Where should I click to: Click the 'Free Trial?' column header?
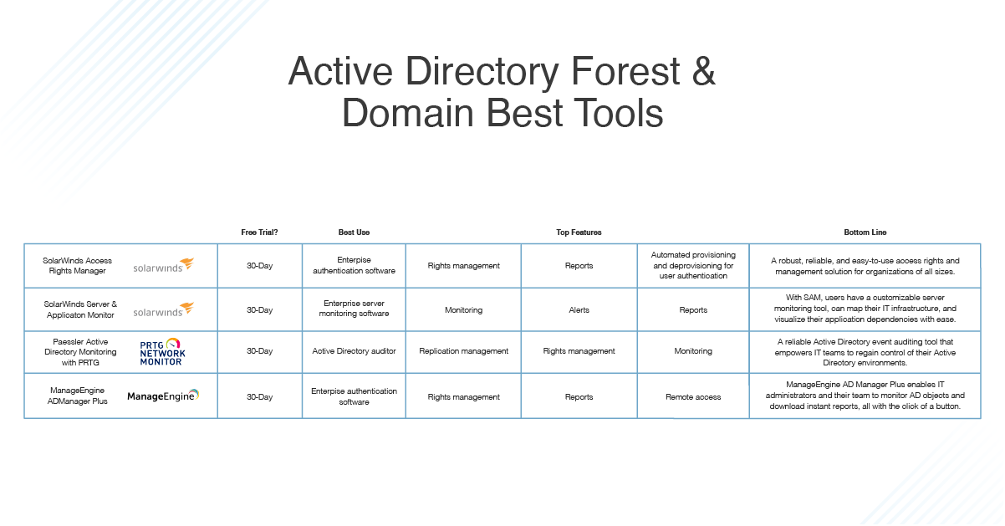(x=259, y=232)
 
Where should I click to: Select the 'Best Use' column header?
(x=354, y=232)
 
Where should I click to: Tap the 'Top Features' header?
(x=579, y=232)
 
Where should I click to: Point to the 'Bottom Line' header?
(x=865, y=232)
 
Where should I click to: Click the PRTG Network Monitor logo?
(x=162, y=352)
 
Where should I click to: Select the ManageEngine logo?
(x=163, y=396)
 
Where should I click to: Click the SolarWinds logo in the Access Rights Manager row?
(x=163, y=266)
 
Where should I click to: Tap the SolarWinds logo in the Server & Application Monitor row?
(x=163, y=310)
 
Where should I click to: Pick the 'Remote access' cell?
(x=693, y=397)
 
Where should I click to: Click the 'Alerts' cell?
(x=579, y=310)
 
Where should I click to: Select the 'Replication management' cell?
(x=463, y=351)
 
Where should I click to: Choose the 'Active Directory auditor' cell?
(x=354, y=351)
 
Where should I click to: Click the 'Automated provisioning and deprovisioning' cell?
(x=693, y=265)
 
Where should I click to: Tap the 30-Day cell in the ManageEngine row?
(x=259, y=397)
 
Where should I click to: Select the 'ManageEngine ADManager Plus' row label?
(x=79, y=396)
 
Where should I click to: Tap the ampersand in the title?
(x=704, y=73)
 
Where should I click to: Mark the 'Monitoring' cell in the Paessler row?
(x=693, y=351)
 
